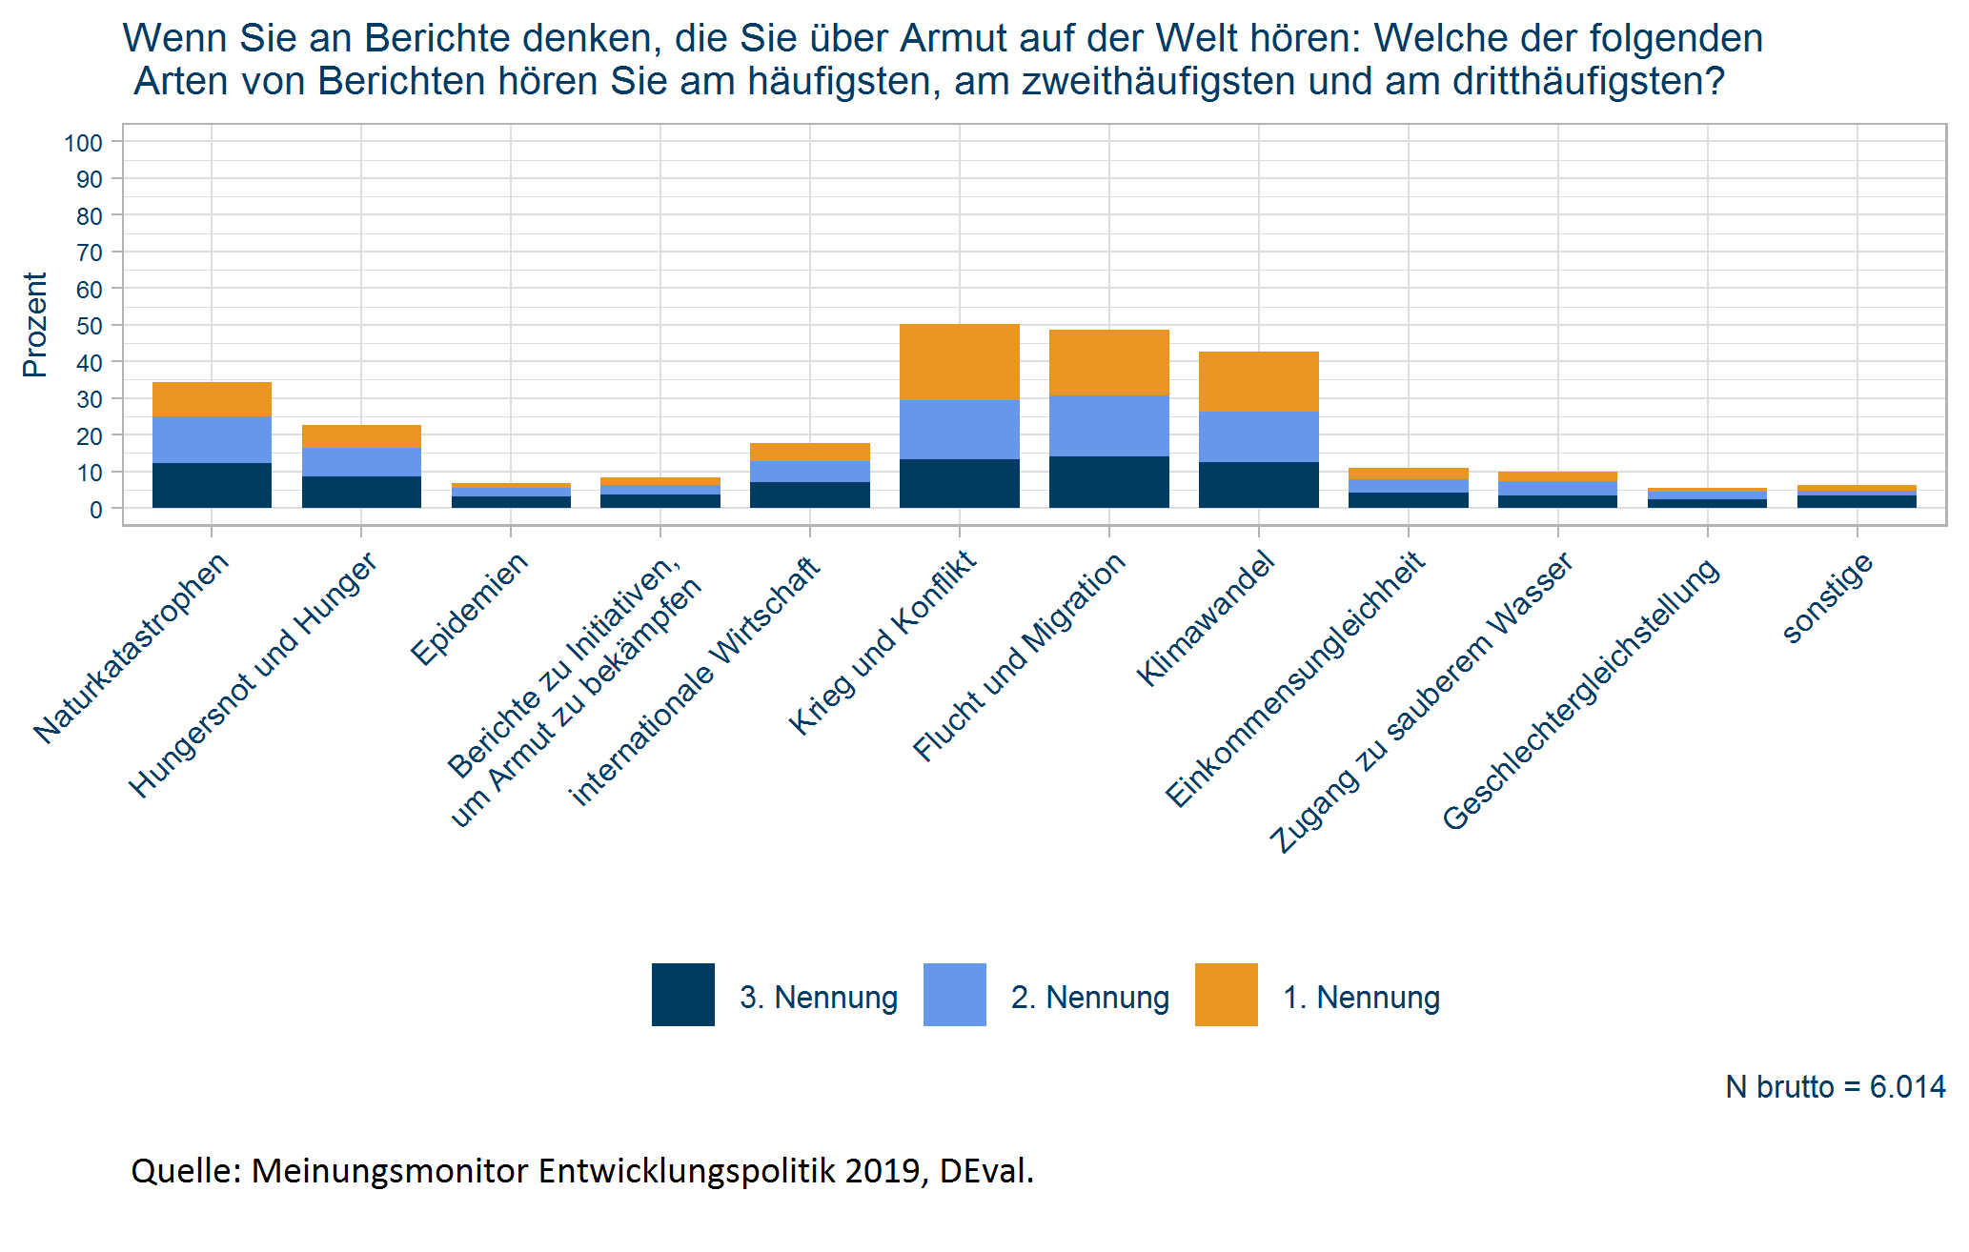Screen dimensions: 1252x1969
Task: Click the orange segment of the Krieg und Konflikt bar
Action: (959, 362)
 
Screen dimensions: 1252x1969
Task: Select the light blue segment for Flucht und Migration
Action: (1108, 426)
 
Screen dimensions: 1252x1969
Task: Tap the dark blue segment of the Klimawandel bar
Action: (1258, 485)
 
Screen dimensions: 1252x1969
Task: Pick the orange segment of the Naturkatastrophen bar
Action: (212, 399)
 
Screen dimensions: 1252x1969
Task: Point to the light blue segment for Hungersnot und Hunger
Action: (361, 462)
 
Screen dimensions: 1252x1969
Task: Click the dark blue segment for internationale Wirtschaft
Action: (809, 495)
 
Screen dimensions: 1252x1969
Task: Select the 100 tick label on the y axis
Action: (84, 143)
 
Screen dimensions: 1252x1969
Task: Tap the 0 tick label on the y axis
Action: (95, 510)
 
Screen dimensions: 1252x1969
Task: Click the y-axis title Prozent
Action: (35, 325)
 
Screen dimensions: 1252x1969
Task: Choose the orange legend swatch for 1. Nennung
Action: (1226, 995)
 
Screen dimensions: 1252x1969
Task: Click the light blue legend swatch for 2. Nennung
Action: (954, 995)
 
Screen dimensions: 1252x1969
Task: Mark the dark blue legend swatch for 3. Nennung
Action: (682, 995)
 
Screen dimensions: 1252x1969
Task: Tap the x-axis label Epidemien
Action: (470, 609)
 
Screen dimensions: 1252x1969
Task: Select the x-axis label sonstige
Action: (1828, 598)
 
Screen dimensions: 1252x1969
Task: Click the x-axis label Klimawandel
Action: (1207, 619)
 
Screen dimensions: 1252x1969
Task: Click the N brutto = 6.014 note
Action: (1835, 1087)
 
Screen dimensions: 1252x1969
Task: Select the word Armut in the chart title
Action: (953, 39)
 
